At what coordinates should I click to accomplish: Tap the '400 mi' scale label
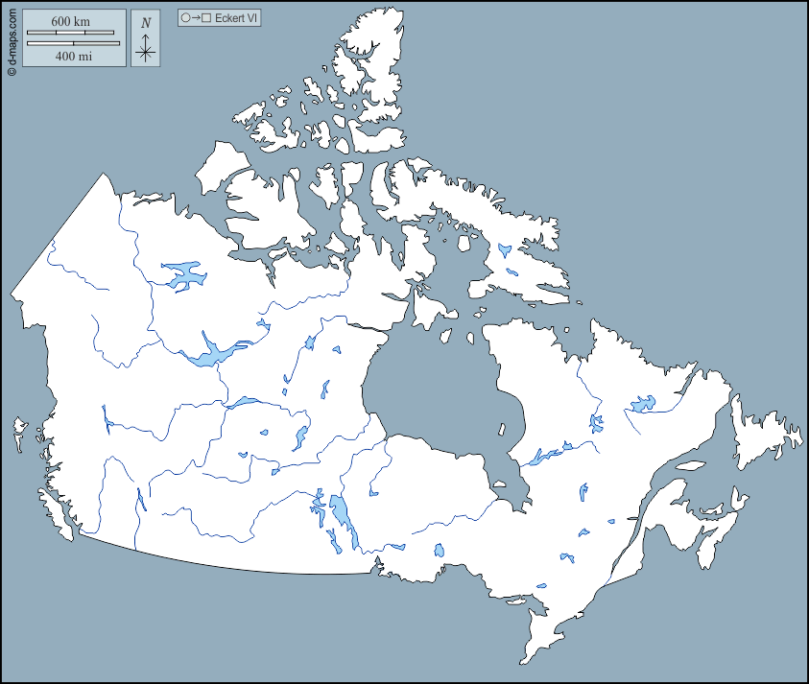tap(72, 57)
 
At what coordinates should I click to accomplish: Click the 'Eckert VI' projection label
tap(237, 18)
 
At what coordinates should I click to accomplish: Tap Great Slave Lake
tap(217, 352)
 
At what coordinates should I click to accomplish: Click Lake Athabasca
tap(246, 402)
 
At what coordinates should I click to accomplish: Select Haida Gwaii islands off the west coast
tap(18, 431)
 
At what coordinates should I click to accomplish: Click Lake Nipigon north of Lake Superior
tap(440, 551)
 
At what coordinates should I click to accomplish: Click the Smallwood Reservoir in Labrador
tap(641, 404)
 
